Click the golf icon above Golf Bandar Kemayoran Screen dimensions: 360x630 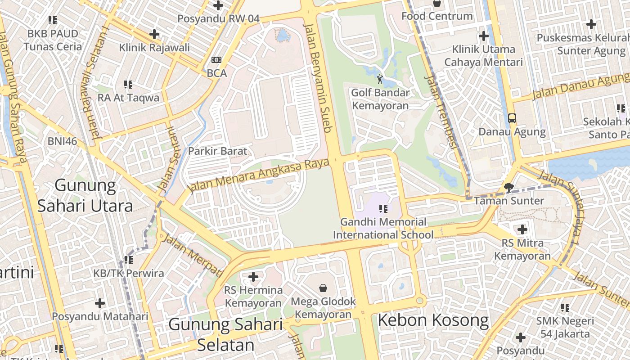(380, 80)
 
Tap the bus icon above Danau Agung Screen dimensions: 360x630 (512, 118)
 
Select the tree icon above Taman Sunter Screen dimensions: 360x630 (509, 187)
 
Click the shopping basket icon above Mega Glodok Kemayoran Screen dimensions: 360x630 (323, 288)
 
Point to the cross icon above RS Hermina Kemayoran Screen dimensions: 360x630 (253, 276)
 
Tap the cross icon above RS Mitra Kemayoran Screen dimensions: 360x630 (522, 229)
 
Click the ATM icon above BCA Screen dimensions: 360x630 (216, 60)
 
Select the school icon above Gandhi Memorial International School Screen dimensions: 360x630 (383, 208)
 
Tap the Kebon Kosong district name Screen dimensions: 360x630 (433, 320)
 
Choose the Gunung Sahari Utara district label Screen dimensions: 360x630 (85, 195)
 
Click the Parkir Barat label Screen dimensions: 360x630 (218, 151)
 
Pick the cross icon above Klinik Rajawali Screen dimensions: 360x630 (154, 34)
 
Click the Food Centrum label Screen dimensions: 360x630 (437, 16)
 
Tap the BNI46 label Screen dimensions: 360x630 (63, 141)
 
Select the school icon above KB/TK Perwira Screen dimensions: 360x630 (129, 260)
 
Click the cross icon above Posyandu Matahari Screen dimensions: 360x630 (100, 303)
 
